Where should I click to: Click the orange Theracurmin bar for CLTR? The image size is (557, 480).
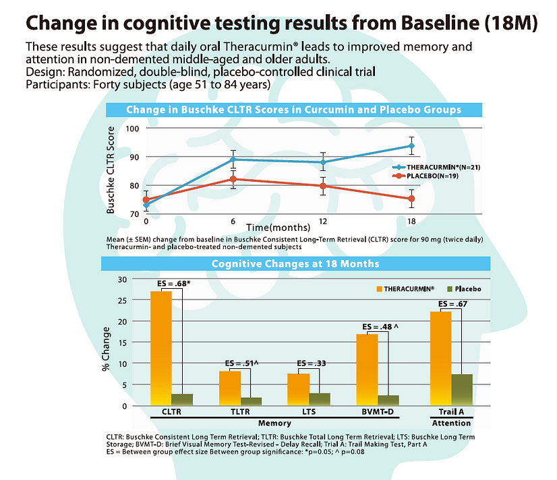click(161, 347)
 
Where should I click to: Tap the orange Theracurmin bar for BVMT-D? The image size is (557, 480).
click(367, 369)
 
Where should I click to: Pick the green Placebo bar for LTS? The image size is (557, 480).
click(320, 399)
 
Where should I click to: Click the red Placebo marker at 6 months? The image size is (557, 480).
click(233, 179)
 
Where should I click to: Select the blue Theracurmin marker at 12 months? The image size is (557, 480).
click(323, 162)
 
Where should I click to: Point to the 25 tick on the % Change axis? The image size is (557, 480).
click(121, 300)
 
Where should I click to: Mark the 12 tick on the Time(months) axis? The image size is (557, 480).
click(323, 221)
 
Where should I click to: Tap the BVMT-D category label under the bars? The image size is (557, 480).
click(375, 411)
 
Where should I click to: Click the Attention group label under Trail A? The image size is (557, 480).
click(451, 423)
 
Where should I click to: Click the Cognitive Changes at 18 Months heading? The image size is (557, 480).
click(295, 263)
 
